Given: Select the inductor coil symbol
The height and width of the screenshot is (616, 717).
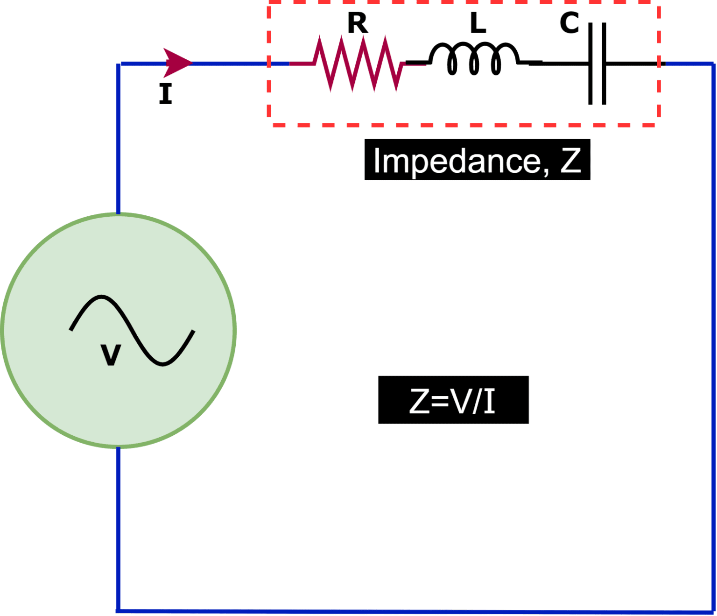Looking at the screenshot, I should tap(474, 58).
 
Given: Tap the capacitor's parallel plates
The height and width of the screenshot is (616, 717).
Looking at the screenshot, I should tap(597, 64).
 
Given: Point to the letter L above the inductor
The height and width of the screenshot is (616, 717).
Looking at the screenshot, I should tap(478, 23).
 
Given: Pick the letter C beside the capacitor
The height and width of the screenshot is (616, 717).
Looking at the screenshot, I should tap(569, 23).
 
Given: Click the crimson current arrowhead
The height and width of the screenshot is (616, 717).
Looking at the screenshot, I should tap(176, 63).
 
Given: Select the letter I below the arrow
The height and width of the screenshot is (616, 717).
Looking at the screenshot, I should tap(166, 94).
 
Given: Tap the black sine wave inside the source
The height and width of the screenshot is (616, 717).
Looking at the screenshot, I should tap(132, 330).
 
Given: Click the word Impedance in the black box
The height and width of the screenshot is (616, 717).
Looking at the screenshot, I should tap(457, 161).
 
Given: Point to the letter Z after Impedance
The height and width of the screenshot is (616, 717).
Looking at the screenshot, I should tap(570, 160).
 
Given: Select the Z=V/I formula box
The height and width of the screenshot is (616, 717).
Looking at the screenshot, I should tap(453, 400).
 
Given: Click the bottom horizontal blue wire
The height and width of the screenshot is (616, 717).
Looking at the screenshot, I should tap(415, 611).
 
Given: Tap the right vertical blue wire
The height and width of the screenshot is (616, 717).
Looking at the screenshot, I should tap(713, 336).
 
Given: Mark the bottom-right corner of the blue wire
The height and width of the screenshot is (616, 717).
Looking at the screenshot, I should tap(712, 611).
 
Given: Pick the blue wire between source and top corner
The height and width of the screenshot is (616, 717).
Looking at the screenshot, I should tap(119, 140).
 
